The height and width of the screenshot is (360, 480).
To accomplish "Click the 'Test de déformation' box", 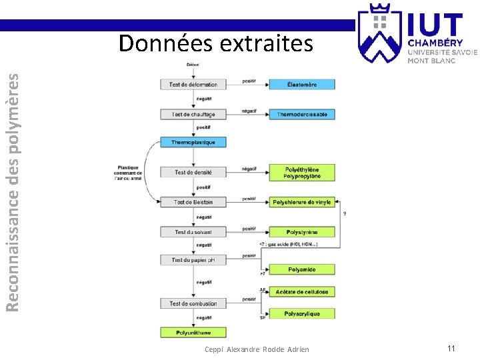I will point(193,85).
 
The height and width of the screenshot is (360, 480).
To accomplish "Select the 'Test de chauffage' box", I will point(193,114).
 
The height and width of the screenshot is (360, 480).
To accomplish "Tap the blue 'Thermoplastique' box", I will point(193,142).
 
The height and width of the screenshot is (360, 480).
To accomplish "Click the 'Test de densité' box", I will point(193,172).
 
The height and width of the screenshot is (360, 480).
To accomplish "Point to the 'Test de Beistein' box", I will point(193,202).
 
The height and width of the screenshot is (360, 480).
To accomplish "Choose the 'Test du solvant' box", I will point(193,232).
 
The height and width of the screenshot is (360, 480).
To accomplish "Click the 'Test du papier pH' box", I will point(193,260).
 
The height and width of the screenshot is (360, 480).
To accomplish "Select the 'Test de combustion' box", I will point(193,303).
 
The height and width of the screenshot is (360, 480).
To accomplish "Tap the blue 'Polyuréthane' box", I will point(193,332).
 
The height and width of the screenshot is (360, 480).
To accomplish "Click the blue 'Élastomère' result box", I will point(302,85).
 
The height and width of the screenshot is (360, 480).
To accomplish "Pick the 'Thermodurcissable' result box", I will point(302,114).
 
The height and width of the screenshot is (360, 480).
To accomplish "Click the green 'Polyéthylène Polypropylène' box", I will point(302,173).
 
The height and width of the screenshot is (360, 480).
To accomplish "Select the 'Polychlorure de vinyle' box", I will point(302,202).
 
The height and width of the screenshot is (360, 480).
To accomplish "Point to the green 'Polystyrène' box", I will point(302,232).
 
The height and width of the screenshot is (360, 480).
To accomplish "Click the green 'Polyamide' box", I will point(302,269).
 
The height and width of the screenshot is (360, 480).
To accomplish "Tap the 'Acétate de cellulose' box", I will point(302,291).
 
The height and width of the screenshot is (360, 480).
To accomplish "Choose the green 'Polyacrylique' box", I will point(302,313).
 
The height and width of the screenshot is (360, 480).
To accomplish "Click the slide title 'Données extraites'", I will point(215,43).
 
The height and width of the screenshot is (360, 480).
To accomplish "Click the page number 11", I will point(451,348).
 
